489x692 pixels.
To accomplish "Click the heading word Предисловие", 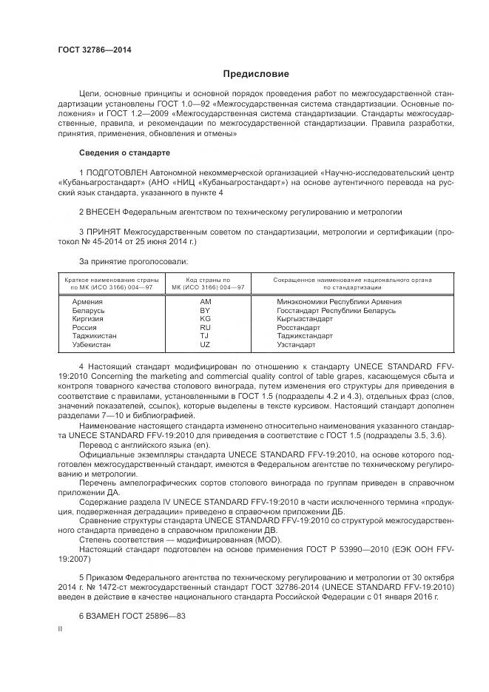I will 256,74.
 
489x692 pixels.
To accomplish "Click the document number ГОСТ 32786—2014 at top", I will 94,50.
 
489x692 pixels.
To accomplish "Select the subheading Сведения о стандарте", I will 124,152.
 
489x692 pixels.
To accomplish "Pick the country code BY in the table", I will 205,310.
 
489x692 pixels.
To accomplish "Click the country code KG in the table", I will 205,319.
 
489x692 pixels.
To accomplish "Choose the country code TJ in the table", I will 205,336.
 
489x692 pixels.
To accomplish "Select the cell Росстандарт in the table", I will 298,327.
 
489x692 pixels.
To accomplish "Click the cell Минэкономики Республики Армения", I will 339,302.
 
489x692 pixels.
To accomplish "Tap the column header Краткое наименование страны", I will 112,279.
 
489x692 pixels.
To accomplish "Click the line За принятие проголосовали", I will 133,261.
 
